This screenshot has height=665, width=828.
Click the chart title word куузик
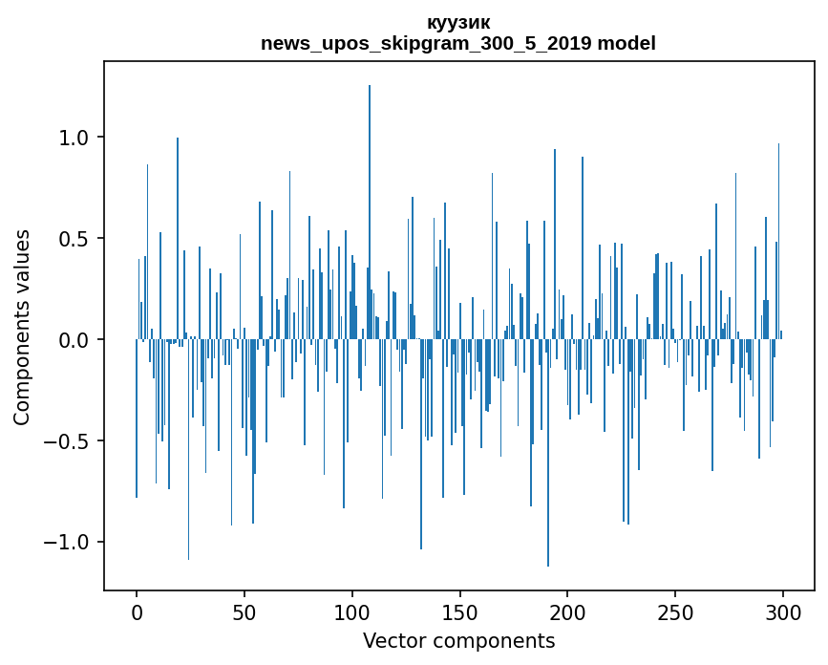pos(458,23)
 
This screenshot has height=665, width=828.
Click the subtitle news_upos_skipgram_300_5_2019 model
pos(458,43)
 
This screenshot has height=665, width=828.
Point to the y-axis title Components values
pos(22,327)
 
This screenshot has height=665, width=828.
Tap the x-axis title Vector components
pos(458,640)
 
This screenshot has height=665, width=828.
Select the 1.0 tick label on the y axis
pos(74,138)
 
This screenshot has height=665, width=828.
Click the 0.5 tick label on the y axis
pos(74,239)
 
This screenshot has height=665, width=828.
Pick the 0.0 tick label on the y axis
pos(74,340)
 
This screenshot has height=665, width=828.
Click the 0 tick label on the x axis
pos(137,611)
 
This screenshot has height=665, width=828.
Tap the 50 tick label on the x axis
pos(244,611)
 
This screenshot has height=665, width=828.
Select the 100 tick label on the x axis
pos(352,611)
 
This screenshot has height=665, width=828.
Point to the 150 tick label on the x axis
pos(460,611)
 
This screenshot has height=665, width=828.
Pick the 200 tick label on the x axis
pos(568,611)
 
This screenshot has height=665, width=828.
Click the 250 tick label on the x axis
pos(675,611)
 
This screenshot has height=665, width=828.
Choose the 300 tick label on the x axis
pos(783,611)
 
